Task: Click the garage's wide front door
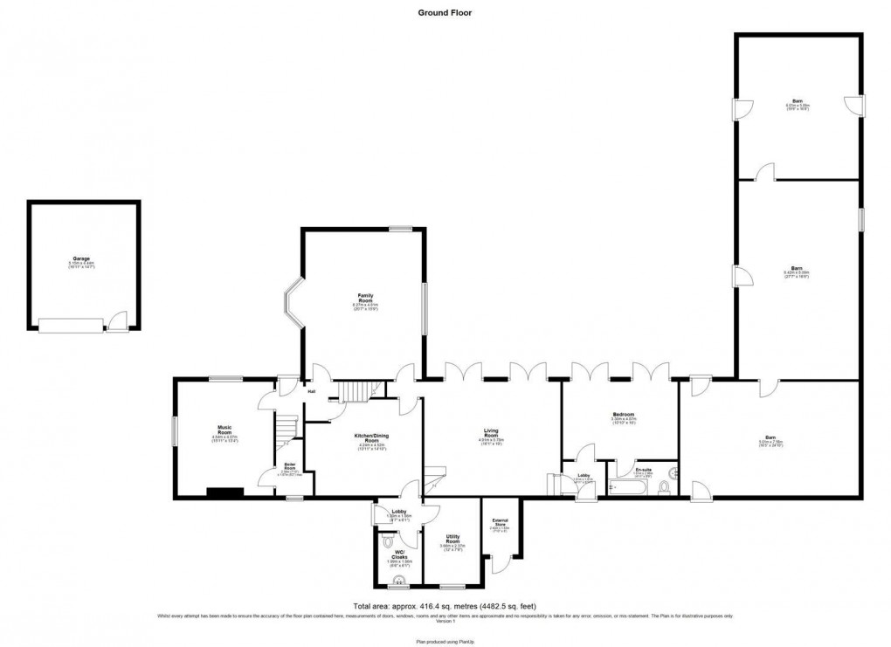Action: [69, 325]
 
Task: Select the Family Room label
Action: [365, 297]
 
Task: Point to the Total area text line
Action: [445, 606]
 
